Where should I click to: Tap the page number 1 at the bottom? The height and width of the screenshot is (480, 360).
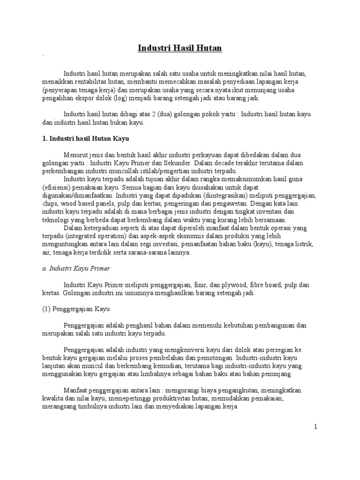click(x=316, y=427)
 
